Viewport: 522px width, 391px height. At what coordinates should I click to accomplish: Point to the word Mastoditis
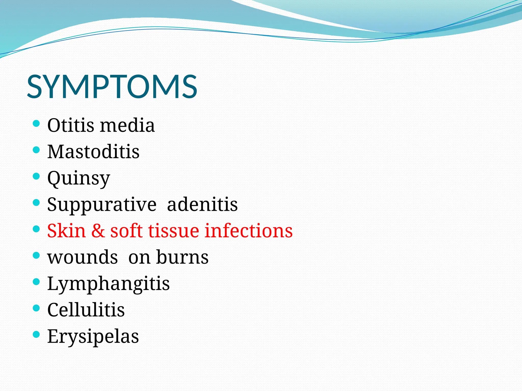coord(93,152)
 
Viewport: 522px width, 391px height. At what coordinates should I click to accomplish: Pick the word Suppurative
coord(102,205)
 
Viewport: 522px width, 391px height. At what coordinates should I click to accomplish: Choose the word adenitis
coord(202,204)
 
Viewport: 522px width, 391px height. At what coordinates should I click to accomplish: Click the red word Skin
coord(66,231)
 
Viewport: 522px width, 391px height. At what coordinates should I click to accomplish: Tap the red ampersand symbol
coord(98,231)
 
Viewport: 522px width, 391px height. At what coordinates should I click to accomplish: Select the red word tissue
coord(173,231)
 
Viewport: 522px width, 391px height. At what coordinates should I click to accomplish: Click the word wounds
coord(83,257)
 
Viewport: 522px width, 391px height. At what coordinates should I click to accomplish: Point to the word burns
coord(182,257)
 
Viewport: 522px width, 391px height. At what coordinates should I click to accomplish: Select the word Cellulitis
coord(86,310)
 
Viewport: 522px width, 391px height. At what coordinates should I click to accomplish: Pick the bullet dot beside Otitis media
coord(36,124)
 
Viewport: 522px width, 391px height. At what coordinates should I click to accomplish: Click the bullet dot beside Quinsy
coord(36,176)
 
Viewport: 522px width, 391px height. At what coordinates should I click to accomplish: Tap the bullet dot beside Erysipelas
coord(36,334)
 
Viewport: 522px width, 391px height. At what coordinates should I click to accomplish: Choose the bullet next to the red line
coord(36,229)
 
